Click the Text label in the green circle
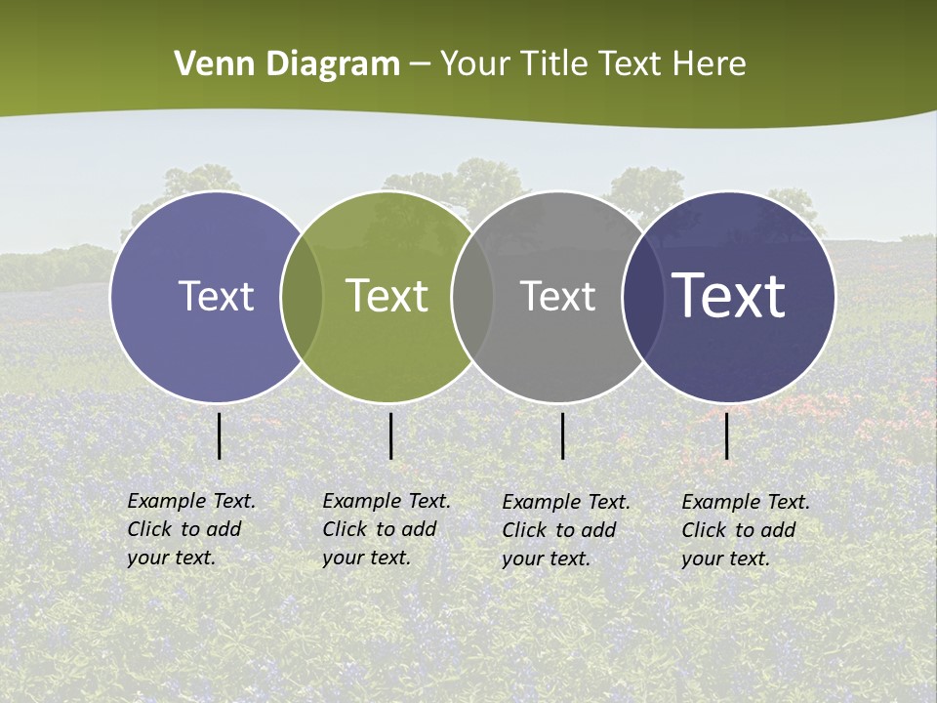click(x=387, y=296)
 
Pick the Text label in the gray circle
click(x=557, y=296)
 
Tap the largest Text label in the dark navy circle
click(x=729, y=296)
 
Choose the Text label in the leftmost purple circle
click(x=216, y=296)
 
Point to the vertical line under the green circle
click(x=390, y=435)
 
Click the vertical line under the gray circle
click(x=563, y=435)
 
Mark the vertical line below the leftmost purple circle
click(x=219, y=435)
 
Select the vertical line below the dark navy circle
click(x=727, y=435)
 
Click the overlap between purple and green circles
click(x=302, y=296)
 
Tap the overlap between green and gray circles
click(x=472, y=296)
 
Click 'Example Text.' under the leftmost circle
click(x=191, y=501)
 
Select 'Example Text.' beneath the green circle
click(x=387, y=501)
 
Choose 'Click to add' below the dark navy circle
click(x=739, y=530)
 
